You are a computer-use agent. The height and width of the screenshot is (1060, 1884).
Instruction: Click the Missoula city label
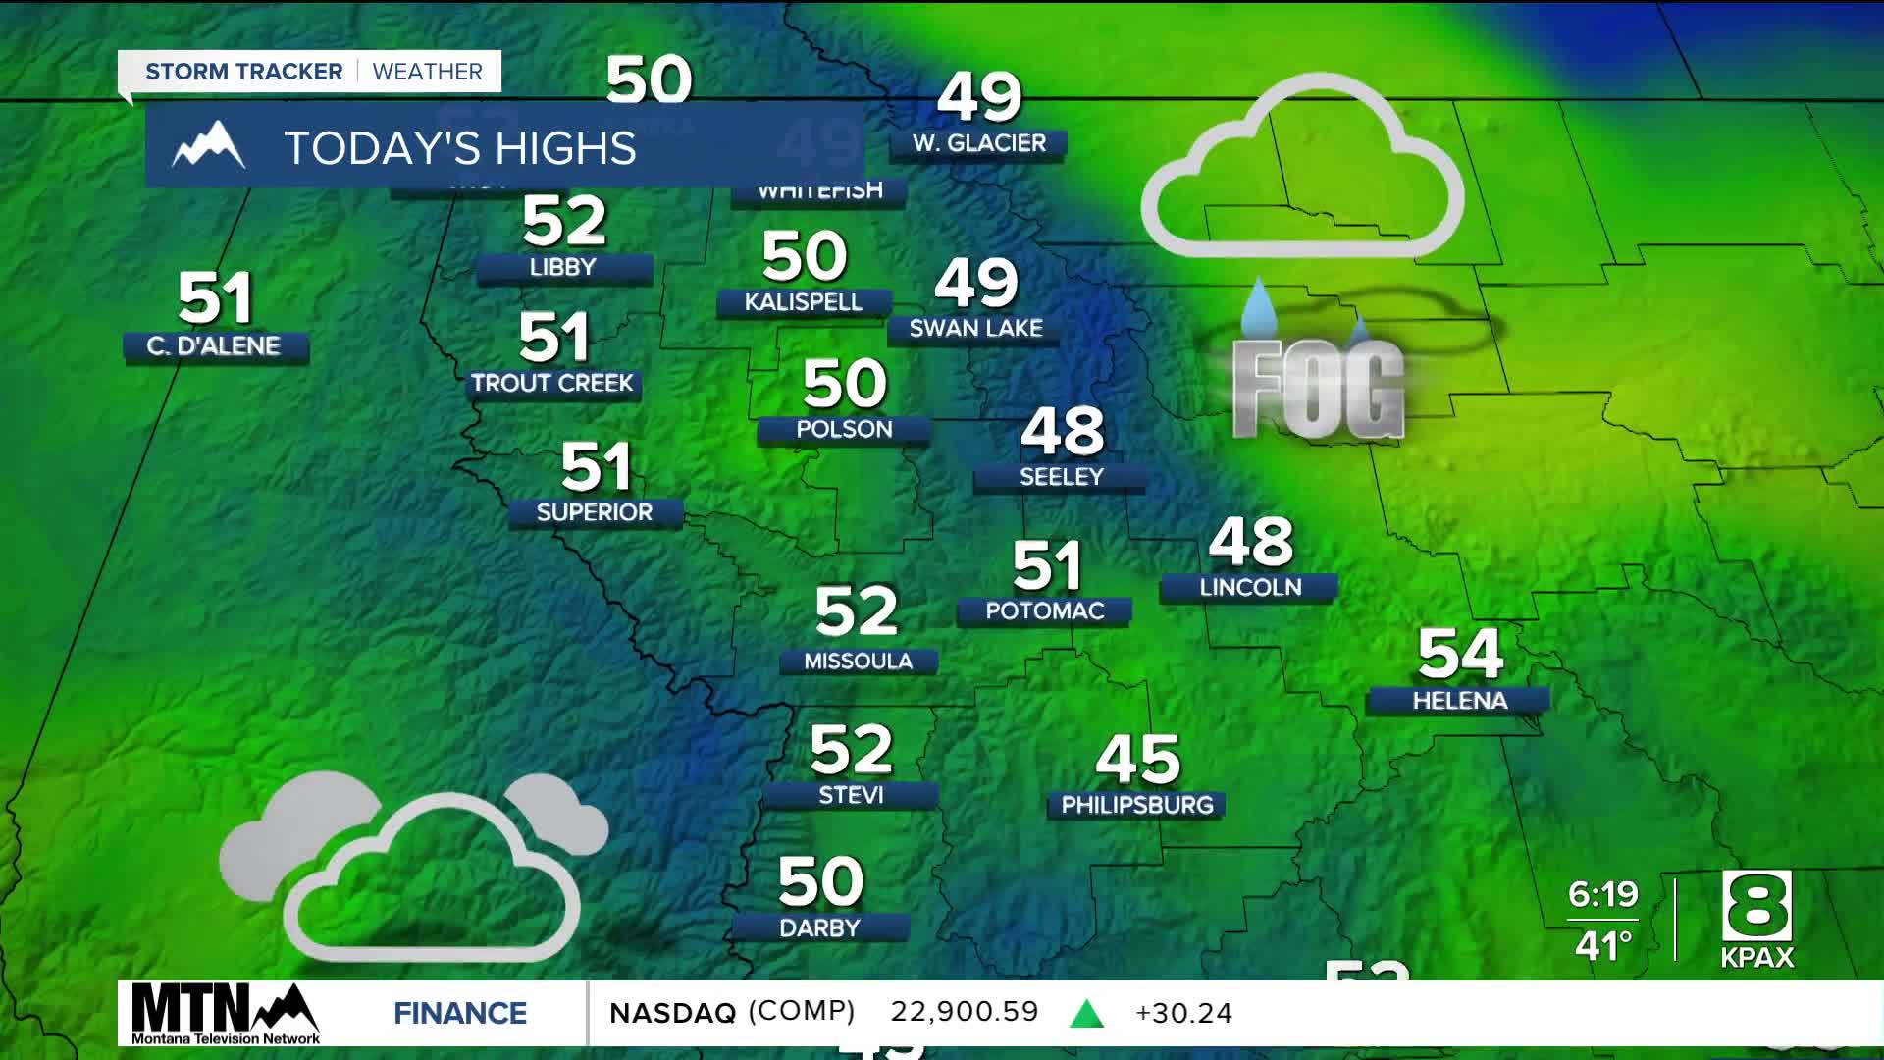click(x=859, y=662)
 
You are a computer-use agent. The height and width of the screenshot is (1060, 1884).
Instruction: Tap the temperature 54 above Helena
click(x=1460, y=654)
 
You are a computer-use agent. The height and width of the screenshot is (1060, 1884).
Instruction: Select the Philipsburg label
click(x=1137, y=806)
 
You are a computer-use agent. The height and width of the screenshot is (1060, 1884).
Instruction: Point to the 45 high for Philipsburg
click(x=1137, y=759)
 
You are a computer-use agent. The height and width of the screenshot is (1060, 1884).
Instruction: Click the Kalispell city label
click(x=804, y=302)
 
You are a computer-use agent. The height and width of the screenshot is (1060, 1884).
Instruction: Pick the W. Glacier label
click(x=979, y=143)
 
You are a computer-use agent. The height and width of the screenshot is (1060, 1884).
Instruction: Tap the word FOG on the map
click(x=1319, y=389)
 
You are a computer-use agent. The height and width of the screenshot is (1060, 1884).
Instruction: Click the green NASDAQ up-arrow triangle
click(x=1086, y=1014)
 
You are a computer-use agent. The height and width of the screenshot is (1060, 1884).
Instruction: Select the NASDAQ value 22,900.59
click(x=964, y=1012)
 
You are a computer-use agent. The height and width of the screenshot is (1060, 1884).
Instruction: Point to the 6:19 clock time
click(x=1602, y=894)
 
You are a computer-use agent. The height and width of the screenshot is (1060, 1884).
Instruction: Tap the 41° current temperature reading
click(x=1603, y=946)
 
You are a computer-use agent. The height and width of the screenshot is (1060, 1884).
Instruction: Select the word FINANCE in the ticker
click(x=460, y=1013)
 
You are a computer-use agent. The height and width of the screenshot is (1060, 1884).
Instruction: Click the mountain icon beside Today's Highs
click(x=208, y=146)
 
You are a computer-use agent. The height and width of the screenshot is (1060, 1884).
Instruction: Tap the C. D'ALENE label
click(x=214, y=346)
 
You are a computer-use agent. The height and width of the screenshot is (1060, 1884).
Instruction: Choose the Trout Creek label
click(x=552, y=384)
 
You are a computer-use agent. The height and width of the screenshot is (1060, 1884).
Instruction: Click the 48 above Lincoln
click(x=1251, y=542)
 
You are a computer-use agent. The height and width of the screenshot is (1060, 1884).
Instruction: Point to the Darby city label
click(x=819, y=928)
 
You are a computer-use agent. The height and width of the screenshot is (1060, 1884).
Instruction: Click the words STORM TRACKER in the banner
click(x=244, y=72)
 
